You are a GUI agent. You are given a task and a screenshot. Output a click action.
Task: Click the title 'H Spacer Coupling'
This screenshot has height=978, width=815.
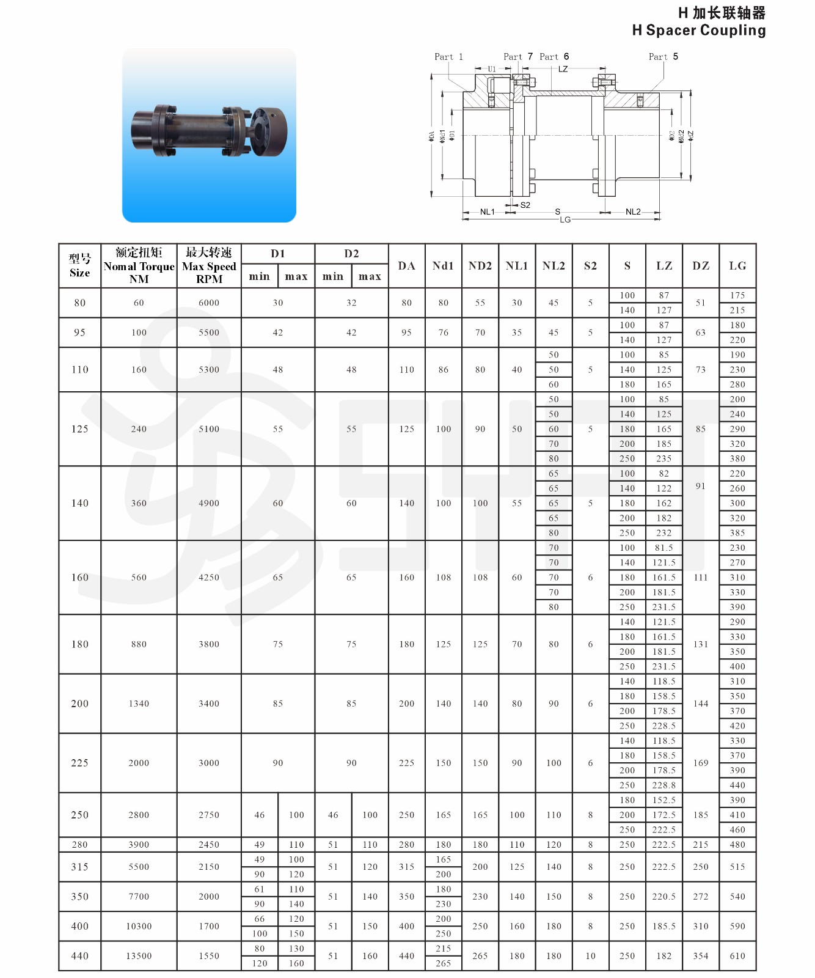click(x=698, y=31)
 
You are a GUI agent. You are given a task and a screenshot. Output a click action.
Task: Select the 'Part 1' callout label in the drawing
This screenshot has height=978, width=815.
click(x=448, y=57)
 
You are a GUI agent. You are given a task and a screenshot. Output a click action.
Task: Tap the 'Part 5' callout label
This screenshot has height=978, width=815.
click(x=663, y=57)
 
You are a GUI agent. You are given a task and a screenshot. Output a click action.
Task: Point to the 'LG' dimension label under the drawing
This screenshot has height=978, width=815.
click(x=565, y=219)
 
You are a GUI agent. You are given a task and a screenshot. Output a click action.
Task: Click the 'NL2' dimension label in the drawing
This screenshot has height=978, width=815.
click(x=633, y=212)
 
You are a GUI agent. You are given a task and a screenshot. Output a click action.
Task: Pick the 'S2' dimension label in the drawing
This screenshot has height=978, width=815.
click(x=525, y=205)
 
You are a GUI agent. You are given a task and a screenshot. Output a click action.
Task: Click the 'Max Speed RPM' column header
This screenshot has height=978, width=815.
click(x=209, y=266)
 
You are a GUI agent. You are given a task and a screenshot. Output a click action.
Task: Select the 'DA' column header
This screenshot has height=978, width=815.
click(x=406, y=266)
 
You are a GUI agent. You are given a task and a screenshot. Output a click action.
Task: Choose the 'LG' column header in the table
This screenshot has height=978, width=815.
click(x=737, y=266)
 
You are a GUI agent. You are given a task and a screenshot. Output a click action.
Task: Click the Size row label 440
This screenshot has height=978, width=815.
click(x=80, y=956)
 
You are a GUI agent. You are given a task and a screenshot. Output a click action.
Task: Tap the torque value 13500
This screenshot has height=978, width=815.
click(x=139, y=956)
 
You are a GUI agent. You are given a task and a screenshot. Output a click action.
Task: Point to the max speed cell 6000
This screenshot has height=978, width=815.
click(x=209, y=303)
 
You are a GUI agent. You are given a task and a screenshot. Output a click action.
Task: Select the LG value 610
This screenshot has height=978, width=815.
click(x=737, y=956)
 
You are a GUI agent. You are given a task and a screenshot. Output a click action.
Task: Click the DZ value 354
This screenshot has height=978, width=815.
click(x=701, y=956)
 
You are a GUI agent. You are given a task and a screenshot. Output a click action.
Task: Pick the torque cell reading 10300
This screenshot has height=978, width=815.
click(x=139, y=926)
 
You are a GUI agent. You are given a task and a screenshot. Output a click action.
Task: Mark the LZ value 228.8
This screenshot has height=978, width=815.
click(x=664, y=785)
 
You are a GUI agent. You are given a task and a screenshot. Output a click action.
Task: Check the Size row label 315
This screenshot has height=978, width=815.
click(x=80, y=867)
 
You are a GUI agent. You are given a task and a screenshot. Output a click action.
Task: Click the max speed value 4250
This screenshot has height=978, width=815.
click(x=209, y=578)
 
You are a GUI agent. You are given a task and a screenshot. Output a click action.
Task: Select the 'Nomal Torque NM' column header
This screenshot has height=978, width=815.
click(x=139, y=266)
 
